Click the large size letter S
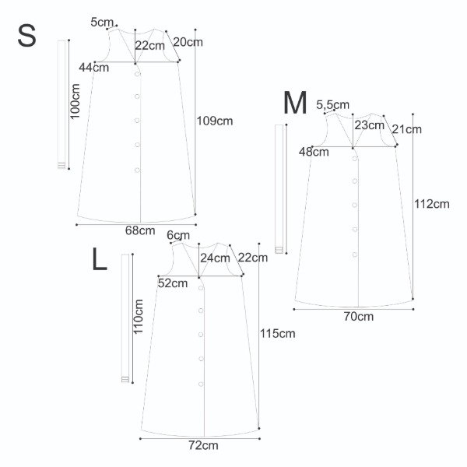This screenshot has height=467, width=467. (x=26, y=36)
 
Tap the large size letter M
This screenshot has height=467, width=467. (x=295, y=103)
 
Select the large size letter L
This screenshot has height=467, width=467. (x=100, y=259)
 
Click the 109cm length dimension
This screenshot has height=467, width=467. (x=215, y=121)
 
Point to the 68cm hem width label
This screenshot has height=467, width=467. (x=140, y=230)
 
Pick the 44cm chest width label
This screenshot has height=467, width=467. (x=94, y=68)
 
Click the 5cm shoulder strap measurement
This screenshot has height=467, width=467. (x=102, y=23)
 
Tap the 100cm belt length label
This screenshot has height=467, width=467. (x=75, y=101)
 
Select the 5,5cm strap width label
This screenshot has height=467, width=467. (x=332, y=105)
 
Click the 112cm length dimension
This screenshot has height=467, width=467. (x=432, y=204)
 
